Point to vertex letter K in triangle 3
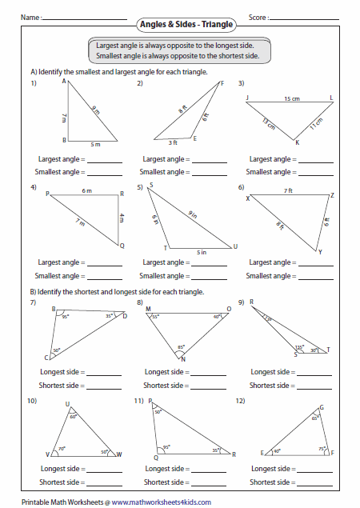click(x=296, y=143)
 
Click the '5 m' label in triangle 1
click(x=94, y=145)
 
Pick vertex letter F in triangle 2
click(x=222, y=83)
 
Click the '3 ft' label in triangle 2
click(x=173, y=142)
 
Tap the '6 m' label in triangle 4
click(x=86, y=191)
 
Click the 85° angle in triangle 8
click(x=182, y=347)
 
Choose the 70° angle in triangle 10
click(x=61, y=449)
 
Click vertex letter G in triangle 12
click(x=322, y=407)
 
